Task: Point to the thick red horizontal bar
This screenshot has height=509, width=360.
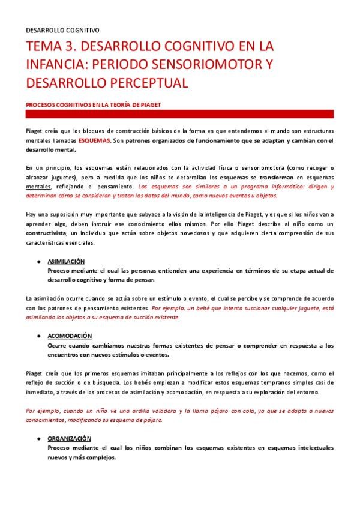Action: (180, 114)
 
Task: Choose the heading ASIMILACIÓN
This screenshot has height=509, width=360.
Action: (66, 261)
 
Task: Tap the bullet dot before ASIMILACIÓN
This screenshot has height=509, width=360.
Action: (38, 262)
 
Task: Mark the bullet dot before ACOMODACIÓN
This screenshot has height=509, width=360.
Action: (38, 336)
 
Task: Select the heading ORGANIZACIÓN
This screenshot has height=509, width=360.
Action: (70, 439)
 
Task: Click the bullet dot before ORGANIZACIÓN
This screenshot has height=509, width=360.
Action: (38, 439)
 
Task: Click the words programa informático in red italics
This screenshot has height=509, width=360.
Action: (266, 187)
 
